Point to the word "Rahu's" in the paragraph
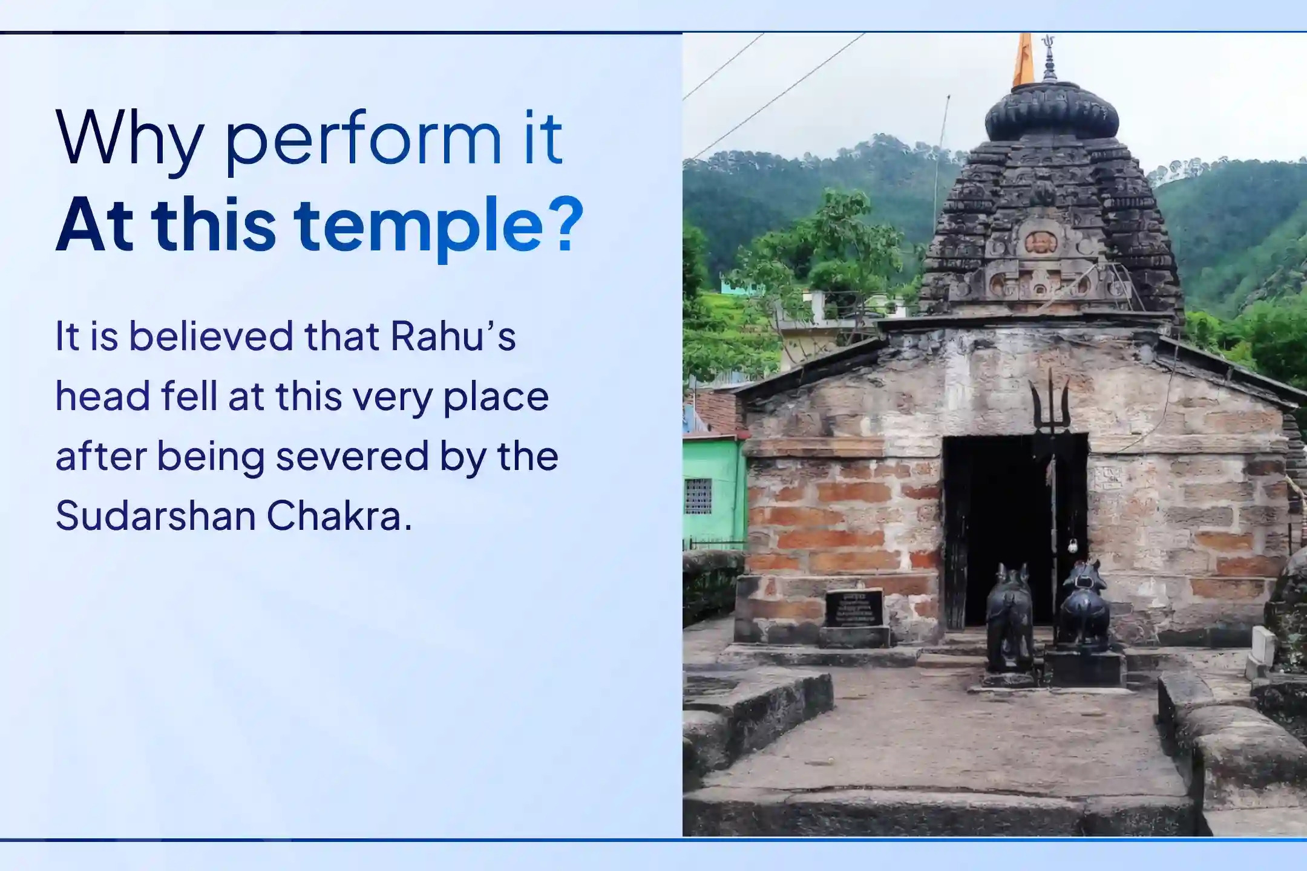(453, 336)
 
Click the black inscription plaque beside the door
(854, 607)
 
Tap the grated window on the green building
(698, 495)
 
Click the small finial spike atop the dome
(1049, 58)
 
